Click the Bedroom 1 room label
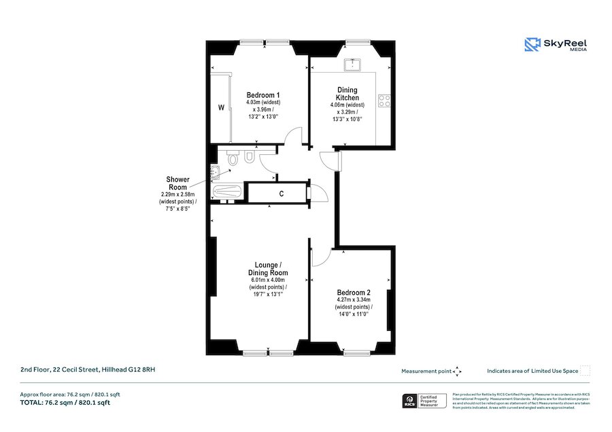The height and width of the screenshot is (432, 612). (x=262, y=94)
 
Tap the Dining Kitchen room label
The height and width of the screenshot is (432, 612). (x=347, y=94)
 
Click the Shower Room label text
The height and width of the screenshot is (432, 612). (x=177, y=183)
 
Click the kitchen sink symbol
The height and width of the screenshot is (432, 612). (x=353, y=65)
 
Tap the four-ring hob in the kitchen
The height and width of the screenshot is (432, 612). (x=384, y=101)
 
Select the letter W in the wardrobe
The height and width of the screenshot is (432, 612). (x=221, y=107)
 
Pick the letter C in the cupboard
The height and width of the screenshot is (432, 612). (x=281, y=194)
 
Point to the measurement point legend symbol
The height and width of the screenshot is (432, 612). (x=457, y=371)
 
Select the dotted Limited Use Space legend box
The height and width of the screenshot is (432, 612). (x=585, y=371)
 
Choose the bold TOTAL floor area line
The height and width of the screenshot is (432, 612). (x=65, y=403)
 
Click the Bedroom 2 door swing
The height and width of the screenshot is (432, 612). (x=320, y=258)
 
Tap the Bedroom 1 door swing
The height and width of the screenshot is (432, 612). (x=294, y=135)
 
